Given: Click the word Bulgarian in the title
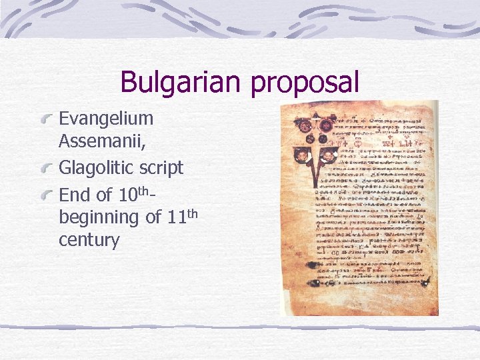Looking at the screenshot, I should click(183, 83).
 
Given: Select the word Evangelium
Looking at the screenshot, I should click(106, 119).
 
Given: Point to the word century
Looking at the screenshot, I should click(89, 240).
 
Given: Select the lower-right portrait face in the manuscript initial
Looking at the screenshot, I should click(329, 155).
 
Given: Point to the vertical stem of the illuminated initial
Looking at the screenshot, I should click(314, 193).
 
